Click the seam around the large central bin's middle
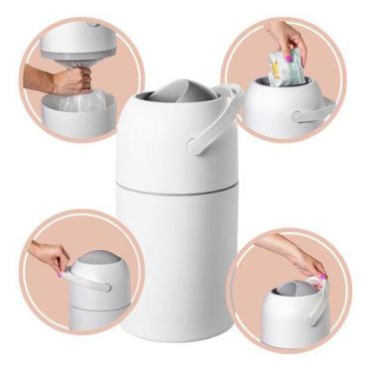click(176, 185)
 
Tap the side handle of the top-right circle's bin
click(310, 117)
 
